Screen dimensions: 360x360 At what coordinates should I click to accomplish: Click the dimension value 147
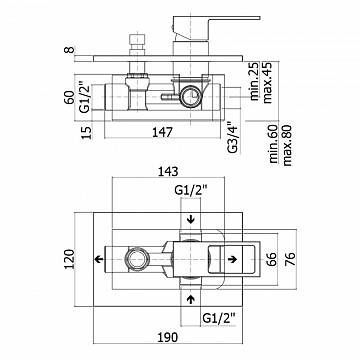pos(163,132)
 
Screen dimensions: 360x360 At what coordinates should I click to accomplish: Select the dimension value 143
pos(168,171)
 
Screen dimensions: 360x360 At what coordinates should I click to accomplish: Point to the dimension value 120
pos(69,259)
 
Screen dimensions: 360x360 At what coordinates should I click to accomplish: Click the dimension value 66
pos(271,259)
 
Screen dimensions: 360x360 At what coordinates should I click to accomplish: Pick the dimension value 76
pos(290,259)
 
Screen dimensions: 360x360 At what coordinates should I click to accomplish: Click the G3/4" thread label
pos(233,138)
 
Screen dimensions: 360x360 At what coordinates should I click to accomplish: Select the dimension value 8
pos(69,50)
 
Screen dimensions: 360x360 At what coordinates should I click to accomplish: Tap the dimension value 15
pos(86,132)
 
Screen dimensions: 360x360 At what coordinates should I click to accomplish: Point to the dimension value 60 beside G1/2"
pos(69,97)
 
